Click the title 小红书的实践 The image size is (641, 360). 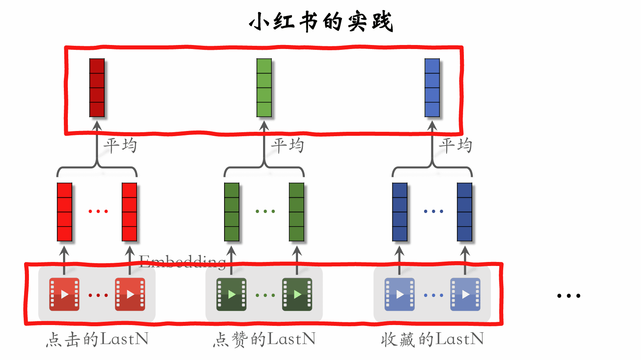[x=320, y=22]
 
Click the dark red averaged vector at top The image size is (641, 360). [x=97, y=88]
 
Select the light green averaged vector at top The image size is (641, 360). [x=264, y=88]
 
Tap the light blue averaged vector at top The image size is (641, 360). [x=432, y=88]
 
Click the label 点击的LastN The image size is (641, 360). [x=97, y=339]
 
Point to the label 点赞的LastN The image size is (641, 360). [x=264, y=339]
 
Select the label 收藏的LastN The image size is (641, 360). [x=432, y=339]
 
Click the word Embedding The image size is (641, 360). [x=182, y=262]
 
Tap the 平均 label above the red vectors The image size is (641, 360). [x=120, y=145]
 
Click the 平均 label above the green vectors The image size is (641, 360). [x=288, y=145]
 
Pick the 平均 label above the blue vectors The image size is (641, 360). [x=455, y=145]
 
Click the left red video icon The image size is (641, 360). [x=64, y=295]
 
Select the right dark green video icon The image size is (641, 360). [x=297, y=295]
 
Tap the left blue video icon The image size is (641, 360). [x=400, y=295]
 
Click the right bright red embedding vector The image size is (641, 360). [x=129, y=212]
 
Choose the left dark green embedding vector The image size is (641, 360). [x=232, y=212]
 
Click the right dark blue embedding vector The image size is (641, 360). [x=465, y=212]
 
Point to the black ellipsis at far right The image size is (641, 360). [x=569, y=296]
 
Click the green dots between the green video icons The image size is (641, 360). [x=265, y=295]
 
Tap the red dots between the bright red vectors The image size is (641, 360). [x=98, y=211]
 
